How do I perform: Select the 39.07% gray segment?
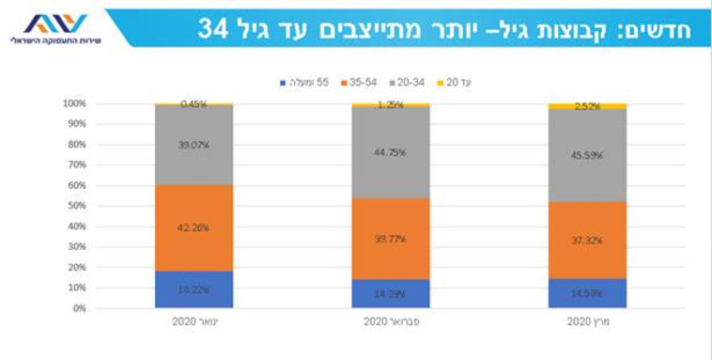coord(194,145)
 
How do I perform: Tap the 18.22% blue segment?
coord(194,290)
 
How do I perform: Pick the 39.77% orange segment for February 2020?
coord(391,239)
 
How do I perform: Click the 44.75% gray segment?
coord(391,152)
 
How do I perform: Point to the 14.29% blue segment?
coord(391,293)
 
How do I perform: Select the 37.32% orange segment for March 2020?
coord(587,240)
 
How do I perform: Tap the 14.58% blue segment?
coord(587,293)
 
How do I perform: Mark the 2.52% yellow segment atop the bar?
coord(587,106)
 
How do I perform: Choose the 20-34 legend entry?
coord(410,82)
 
